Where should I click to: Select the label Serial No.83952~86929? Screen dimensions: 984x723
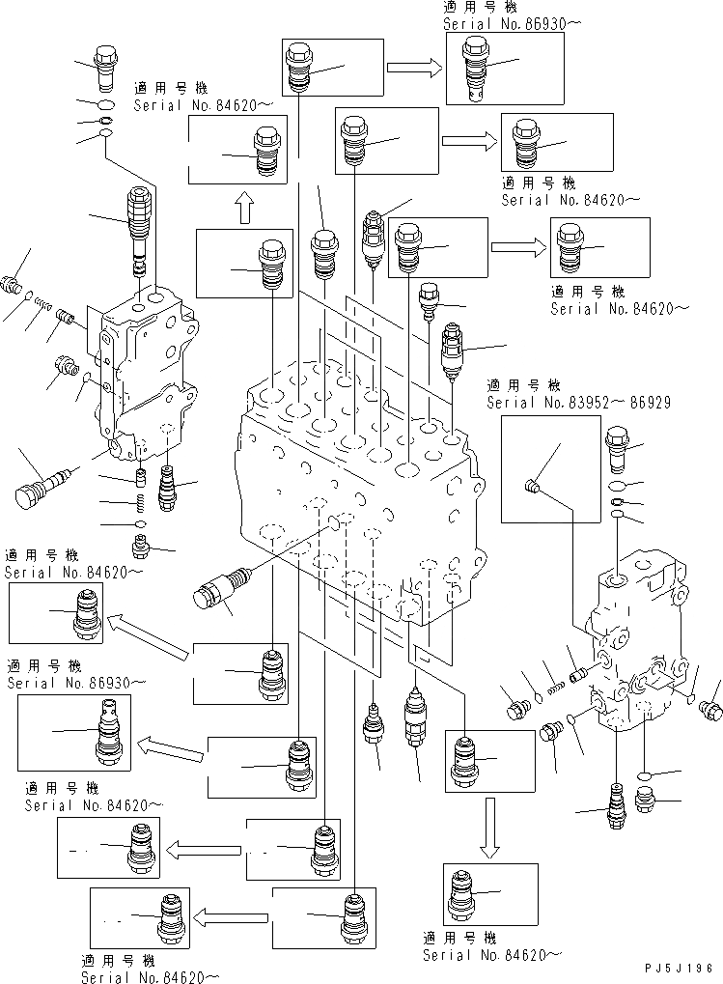(578, 402)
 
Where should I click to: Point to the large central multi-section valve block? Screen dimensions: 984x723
(357, 483)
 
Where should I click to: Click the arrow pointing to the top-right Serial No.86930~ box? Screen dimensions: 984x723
(414, 67)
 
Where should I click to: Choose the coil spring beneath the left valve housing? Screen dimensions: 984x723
(140, 502)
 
